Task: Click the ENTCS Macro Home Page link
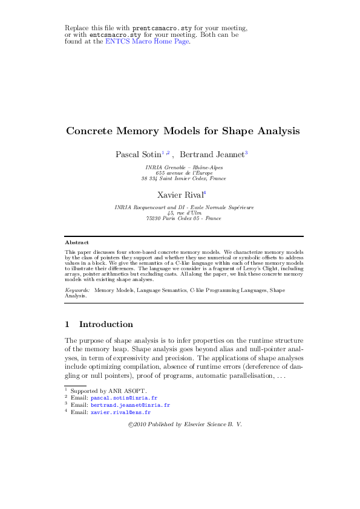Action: [x=148, y=42]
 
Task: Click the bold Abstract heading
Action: [x=77, y=242]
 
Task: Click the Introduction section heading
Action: [x=106, y=325]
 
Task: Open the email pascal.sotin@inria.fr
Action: [x=124, y=398]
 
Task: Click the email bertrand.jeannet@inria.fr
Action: [x=130, y=405]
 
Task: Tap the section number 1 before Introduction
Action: [x=67, y=325]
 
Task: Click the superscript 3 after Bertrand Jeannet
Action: [x=246, y=153]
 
